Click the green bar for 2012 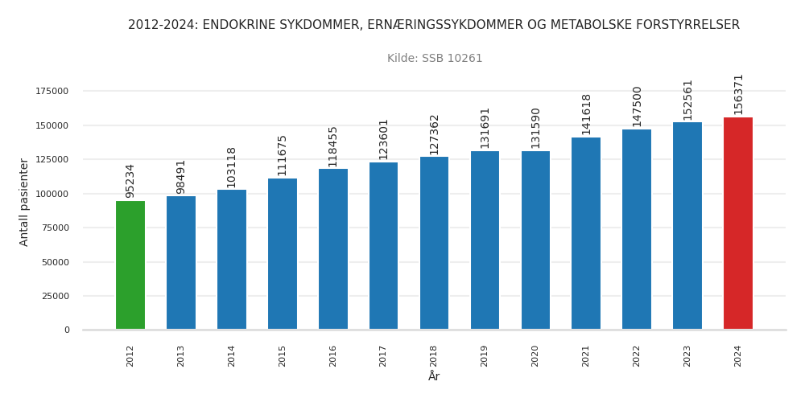click(130, 265)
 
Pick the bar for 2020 click(535, 240)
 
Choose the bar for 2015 click(283, 254)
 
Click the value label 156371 click(738, 94)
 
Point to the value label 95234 click(130, 180)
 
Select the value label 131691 click(485, 127)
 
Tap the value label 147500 click(637, 106)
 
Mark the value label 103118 click(232, 167)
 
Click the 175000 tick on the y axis click(52, 92)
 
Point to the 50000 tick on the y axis click(56, 262)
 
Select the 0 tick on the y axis click(67, 330)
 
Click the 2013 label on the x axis click(181, 355)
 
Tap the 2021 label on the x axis click(586, 355)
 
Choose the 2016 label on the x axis click(333, 355)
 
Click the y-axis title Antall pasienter click(24, 202)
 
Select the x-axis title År click(434, 376)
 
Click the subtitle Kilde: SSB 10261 click(435, 59)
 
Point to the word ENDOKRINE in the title click(237, 25)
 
